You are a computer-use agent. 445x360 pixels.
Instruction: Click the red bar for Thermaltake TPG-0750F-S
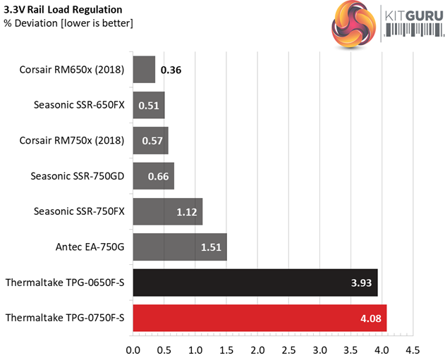260,319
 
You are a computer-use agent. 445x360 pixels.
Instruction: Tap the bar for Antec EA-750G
180,247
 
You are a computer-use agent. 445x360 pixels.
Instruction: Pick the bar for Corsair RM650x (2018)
144,70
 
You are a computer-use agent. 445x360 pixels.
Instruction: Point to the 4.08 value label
370,319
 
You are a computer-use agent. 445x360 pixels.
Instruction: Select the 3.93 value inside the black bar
361,283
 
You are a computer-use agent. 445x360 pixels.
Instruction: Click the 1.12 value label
187,212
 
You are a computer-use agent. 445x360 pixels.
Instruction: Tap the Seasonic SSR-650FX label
79,105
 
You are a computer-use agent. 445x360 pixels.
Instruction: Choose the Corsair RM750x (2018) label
73,140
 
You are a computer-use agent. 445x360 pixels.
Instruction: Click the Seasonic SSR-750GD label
78,176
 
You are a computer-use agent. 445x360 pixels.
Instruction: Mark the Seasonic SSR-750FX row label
79,211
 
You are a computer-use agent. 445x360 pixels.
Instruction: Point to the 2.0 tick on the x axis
257,349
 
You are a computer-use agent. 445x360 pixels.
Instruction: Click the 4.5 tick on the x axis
413,349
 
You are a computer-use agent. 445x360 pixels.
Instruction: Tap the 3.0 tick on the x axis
319,349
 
